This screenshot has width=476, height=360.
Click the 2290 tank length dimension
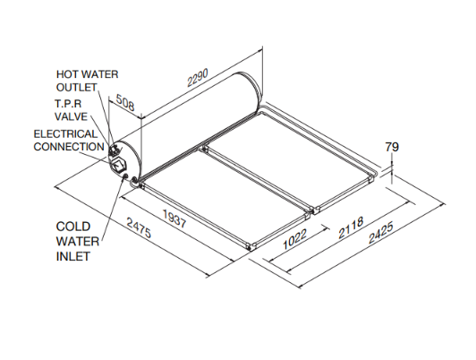tap(198, 78)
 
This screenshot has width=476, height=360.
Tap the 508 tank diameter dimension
tap(125, 102)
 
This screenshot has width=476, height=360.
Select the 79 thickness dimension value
tap(392, 147)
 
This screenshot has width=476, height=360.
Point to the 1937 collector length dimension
tap(174, 219)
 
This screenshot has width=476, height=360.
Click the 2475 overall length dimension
tap(139, 228)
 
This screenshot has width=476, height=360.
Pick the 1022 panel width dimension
tap(294, 239)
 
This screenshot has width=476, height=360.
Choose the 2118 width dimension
tap(351, 227)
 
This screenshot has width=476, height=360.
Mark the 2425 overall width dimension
tap(381, 233)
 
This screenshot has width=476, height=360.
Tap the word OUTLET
tap(77, 88)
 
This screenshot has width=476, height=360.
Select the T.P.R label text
tap(68, 104)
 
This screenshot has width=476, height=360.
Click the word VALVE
tap(71, 116)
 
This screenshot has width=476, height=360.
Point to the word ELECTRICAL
tap(66, 134)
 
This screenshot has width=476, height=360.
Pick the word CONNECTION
tap(69, 147)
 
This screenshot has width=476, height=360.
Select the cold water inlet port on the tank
tap(125, 176)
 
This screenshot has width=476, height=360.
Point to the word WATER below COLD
tap(78, 242)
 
